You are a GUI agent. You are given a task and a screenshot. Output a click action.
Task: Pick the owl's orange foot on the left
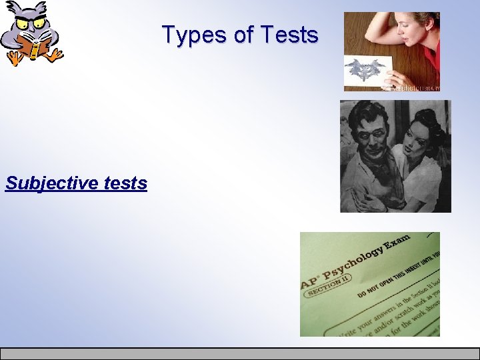[13, 60]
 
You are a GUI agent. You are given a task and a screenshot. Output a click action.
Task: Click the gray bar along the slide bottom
[240, 353]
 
